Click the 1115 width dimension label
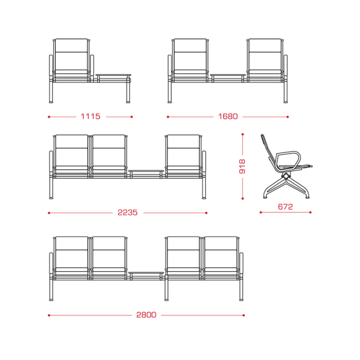[x=91, y=116]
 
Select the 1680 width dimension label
[x=228, y=116]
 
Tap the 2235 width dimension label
[x=127, y=212]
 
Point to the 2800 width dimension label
[x=146, y=314]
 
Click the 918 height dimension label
[x=242, y=166]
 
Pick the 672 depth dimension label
[x=285, y=206]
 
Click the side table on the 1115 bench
[x=113, y=76]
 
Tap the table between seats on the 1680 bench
[x=228, y=76]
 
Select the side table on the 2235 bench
[x=146, y=171]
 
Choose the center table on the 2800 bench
[x=146, y=273]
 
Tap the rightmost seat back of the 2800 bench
[x=221, y=253]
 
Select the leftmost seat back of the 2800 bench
[x=71, y=253]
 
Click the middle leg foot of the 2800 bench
[x=166, y=299]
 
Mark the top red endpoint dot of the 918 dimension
[x=242, y=134]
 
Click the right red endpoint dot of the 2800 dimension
[x=244, y=315]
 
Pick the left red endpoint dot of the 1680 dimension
[x=168, y=117]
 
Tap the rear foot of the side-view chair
[x=265, y=197]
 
